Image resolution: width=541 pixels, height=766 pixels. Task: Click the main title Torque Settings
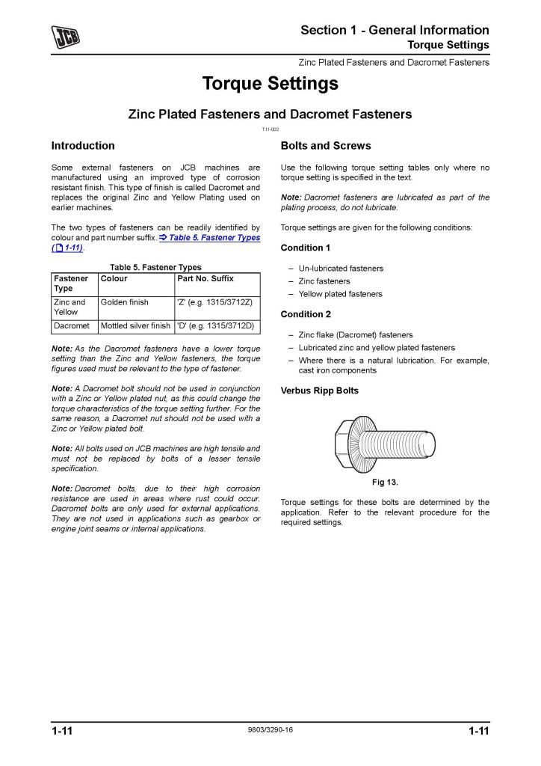270,84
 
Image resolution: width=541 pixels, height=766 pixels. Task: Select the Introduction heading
83,146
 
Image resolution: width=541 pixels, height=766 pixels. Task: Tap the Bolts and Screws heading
325,146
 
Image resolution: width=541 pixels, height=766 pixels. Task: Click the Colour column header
114,279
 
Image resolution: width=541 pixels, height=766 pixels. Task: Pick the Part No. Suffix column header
205,279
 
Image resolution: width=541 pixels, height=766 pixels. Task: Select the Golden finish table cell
125,302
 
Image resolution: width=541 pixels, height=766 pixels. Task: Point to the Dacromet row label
72,326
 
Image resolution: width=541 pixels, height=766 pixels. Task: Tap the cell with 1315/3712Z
215,302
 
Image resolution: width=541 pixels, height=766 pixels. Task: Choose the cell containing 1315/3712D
215,326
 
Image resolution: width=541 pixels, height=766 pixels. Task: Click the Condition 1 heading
306,248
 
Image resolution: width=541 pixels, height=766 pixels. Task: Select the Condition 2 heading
306,314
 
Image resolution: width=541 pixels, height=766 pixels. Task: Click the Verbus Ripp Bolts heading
319,390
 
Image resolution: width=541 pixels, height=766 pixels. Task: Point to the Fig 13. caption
384,482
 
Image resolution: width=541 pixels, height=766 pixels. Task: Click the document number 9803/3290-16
270,730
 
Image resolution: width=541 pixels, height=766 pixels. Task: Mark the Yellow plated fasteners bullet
340,294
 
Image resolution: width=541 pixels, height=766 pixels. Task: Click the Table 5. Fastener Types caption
155,267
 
